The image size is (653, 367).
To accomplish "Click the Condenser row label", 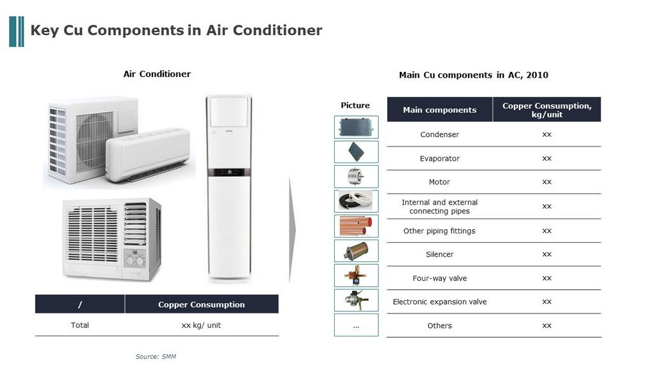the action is (439, 134).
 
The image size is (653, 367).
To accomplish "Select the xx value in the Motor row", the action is (547, 182).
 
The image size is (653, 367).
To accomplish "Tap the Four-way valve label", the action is (439, 278).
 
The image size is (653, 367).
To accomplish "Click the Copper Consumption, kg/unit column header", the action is (547, 110).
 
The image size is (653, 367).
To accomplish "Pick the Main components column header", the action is (439, 110).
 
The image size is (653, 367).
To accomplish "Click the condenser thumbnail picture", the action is (356, 127).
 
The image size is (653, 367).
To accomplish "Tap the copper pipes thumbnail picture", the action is (356, 226).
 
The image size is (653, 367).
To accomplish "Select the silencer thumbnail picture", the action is (356, 251).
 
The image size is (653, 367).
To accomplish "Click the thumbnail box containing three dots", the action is (356, 325).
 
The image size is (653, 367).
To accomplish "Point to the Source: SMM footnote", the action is (156, 357).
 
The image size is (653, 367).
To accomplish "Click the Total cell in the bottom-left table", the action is (80, 325).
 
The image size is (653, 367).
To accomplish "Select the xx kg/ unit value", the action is (201, 325).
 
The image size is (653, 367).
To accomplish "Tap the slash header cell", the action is (80, 304).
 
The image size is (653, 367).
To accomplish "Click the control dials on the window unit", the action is (135, 261).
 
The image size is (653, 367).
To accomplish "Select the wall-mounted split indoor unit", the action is (148, 155).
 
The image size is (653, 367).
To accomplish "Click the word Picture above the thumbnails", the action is (355, 105).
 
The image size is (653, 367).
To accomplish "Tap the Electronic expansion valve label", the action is (439, 301).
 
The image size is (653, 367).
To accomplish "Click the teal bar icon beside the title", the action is (16, 32).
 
